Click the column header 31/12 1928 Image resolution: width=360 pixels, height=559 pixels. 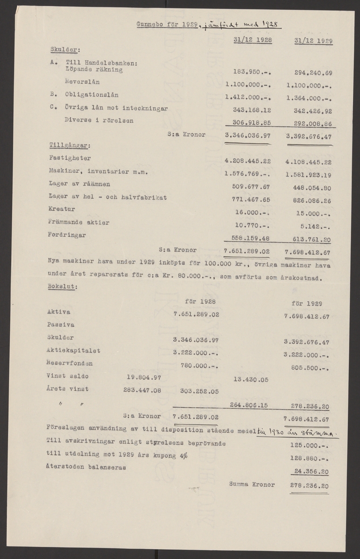pyautogui.click(x=252, y=41)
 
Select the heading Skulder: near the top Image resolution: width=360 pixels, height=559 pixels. pyautogui.click(x=65, y=48)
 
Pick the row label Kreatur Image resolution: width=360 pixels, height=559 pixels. pyautogui.click(x=61, y=210)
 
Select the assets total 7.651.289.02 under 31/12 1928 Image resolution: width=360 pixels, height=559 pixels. pyautogui.click(x=247, y=252)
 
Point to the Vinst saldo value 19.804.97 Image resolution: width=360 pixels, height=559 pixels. pyautogui.click(x=143, y=376)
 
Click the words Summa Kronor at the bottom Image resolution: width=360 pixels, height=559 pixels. pyautogui.click(x=251, y=484)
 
